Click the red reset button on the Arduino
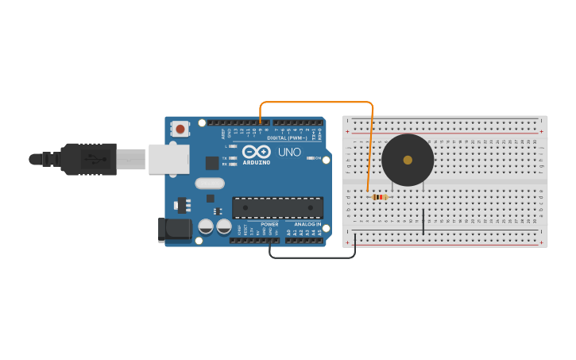coord(180,129)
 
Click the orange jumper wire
coord(318,102)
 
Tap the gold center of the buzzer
coord(408,160)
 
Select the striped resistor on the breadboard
coord(380,196)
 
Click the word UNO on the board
coord(289,152)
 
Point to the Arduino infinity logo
coord(257,152)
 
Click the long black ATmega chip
coord(277,207)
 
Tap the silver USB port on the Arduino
coord(168,159)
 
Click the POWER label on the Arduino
coord(270,224)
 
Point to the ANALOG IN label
coord(307,224)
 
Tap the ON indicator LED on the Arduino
coord(309,158)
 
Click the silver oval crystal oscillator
coord(211,198)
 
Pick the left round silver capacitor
coord(206,226)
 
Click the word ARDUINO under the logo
coord(257,162)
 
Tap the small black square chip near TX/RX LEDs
coord(212,163)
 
